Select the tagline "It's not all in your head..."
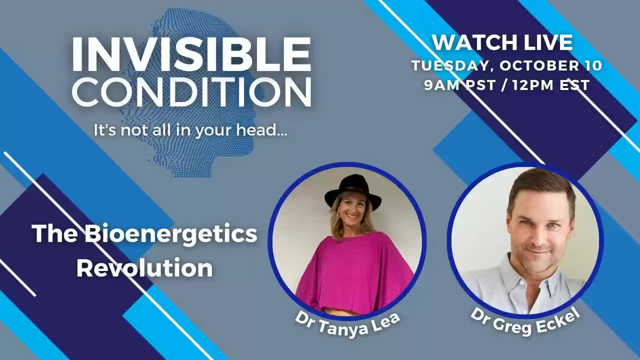point(190,130)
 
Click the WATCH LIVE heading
point(502,42)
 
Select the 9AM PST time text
point(454,84)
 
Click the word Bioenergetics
point(170,234)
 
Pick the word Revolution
point(144,268)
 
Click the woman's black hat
point(352,190)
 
